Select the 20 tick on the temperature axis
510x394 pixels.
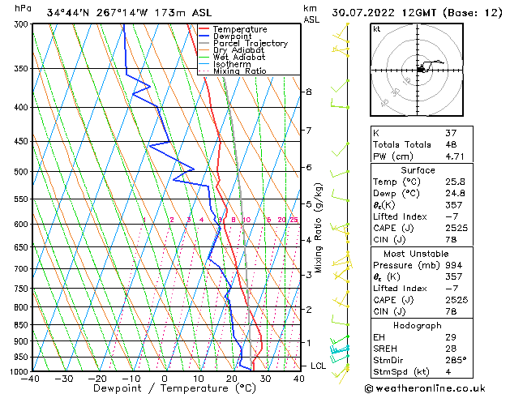[232, 378]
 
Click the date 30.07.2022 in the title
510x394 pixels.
[371, 12]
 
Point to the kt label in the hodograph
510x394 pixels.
[376, 29]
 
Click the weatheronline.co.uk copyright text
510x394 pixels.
[436, 388]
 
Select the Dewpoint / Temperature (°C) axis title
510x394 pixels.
[164, 388]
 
